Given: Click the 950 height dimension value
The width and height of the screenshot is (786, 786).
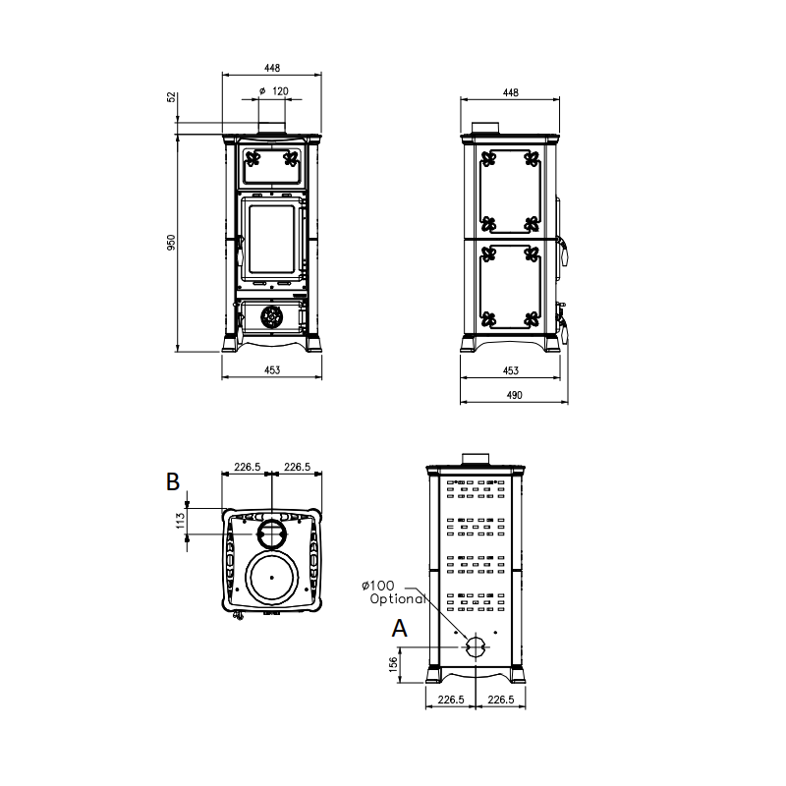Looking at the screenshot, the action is point(171,243).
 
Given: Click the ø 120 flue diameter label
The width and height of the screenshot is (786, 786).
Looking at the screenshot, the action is point(274,91).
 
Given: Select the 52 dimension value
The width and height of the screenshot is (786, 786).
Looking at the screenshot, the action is point(172,96).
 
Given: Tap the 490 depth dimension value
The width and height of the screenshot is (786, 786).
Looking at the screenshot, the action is point(514,395).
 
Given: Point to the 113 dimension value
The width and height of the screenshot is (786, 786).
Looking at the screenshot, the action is point(181,521).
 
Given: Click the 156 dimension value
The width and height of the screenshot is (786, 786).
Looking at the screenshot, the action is point(394,664).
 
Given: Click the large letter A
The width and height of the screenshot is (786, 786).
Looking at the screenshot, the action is point(400,628).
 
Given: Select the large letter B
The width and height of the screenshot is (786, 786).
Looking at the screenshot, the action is point(173,481).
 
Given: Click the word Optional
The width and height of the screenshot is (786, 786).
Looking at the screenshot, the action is point(398,598).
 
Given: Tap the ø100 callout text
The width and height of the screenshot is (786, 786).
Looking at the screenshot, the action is point(378,586).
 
